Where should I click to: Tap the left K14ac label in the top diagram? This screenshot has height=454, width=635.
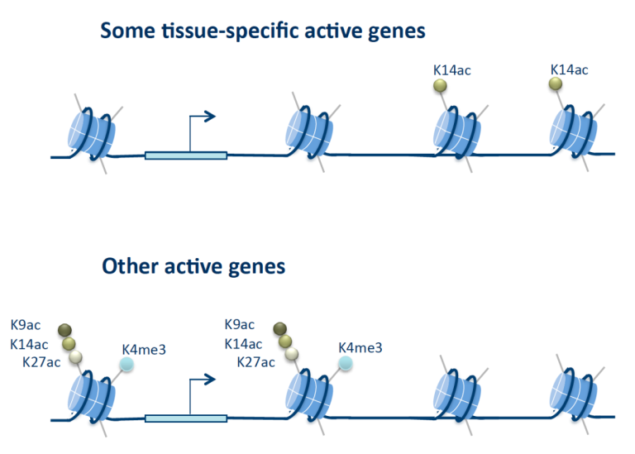point(452,70)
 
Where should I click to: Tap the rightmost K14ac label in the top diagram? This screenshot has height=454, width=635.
point(569,69)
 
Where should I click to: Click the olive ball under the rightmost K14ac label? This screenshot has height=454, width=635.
point(556,84)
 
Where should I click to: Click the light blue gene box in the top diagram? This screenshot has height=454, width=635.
point(186,155)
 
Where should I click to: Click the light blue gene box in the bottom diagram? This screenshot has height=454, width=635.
point(186,418)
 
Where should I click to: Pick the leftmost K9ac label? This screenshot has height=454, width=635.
point(26,325)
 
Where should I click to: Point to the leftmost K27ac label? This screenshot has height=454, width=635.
point(41,361)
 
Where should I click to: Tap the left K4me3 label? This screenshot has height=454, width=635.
point(144,350)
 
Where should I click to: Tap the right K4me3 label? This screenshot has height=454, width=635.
point(360,347)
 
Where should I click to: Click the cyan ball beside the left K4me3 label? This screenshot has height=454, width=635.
point(127,364)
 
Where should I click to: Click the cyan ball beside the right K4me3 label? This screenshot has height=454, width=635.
point(345,363)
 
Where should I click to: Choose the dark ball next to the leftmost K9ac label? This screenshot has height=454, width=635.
point(64,331)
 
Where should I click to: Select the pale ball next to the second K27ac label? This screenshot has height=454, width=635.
point(292,355)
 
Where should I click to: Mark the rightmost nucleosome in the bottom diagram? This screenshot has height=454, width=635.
point(573,395)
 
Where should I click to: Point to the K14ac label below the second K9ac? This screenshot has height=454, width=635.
point(243,344)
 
